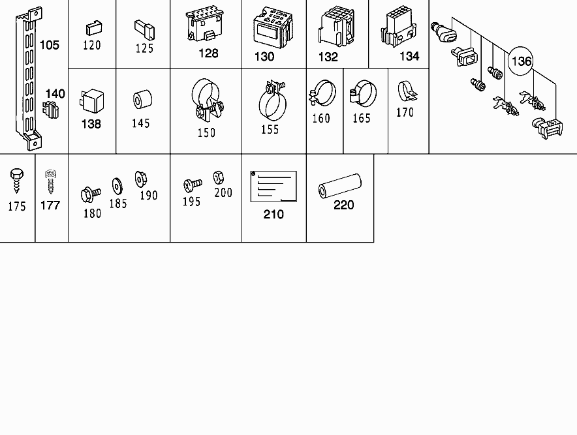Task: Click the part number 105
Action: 50,45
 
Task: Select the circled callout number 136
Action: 522,61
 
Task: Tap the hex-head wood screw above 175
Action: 16,181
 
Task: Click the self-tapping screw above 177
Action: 50,182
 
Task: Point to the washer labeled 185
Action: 117,187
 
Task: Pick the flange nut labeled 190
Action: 140,179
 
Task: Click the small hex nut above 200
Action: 218,177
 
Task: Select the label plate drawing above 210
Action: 273,187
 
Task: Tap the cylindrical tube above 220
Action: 339,186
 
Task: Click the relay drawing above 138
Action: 91,100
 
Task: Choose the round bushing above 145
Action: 142,99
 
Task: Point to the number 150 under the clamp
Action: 206,133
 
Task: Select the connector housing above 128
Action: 205,23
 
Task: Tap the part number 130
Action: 264,57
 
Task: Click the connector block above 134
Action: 399,25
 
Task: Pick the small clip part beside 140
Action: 51,110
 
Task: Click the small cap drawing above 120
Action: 94,28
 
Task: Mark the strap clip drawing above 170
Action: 407,91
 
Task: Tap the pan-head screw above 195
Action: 193,185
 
